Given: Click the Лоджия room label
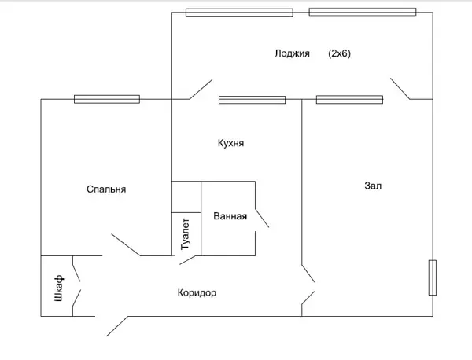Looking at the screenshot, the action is coord(292,53).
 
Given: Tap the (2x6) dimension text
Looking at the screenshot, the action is coord(340,53).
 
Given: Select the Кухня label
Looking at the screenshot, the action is coord(230,143).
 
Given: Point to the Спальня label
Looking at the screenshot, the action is coord(106,189).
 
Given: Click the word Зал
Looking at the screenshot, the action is coord(373,186).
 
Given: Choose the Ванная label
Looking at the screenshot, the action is coord(230,216).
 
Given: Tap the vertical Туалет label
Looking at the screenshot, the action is coord(186,234).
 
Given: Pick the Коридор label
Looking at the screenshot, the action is coord(197,292).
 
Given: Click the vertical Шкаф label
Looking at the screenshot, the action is coord(59,288).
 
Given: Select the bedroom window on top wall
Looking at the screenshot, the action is coord(107,99).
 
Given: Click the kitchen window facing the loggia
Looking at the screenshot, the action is coord(252,100).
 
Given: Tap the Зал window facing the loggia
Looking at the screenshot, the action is coord(349,100).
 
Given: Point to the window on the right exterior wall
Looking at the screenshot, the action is coord(433,277).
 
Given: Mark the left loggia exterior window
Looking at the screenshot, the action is coord(239,13).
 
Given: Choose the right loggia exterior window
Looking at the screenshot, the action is coord(363,12).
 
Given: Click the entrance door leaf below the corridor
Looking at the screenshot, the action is coord(117,326).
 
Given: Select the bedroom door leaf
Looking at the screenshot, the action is coord(126,244).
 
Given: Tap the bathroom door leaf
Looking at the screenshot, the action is coord(262,218).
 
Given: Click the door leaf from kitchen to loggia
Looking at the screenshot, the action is coord(201,90).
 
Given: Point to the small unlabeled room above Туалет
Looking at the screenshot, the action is coord(186,197).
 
